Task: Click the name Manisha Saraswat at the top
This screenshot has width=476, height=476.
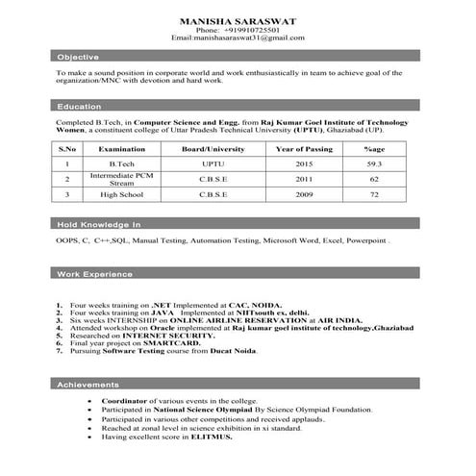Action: (237, 20)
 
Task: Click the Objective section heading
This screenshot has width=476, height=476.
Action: (77, 58)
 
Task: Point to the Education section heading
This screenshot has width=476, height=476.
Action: (79, 106)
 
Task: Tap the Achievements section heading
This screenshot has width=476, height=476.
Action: (88, 385)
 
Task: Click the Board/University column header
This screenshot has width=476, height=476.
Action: (206, 150)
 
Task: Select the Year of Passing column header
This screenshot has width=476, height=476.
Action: (303, 150)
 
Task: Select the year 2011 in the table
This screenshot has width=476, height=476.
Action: (304, 180)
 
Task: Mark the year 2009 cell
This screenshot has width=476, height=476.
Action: (304, 195)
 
